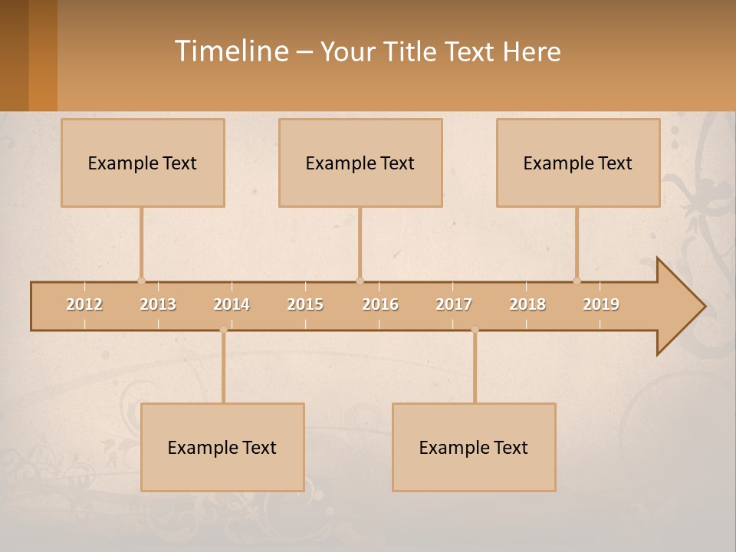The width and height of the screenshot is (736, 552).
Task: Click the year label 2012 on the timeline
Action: pos(84,304)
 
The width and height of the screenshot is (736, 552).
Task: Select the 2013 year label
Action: pos(158,304)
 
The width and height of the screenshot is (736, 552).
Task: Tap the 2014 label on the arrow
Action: pos(232,304)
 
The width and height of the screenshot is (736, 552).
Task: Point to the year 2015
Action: pos(305,304)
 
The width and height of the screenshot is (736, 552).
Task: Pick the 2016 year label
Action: pos(380,304)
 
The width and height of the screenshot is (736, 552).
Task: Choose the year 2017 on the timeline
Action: pos(454,304)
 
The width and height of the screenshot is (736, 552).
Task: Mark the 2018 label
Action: pos(527,304)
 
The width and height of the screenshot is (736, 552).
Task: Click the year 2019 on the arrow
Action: pos(601,304)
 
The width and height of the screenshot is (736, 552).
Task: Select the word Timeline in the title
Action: pos(230,51)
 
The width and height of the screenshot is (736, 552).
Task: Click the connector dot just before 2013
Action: pos(141,281)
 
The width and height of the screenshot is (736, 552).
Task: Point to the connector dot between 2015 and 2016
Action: pos(360,281)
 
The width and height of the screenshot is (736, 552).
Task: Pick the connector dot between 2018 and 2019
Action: pos(577,281)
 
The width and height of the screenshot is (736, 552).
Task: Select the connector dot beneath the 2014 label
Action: pos(223,330)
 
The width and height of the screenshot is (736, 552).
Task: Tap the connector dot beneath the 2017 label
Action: pos(475,330)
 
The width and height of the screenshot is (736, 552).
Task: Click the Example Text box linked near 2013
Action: pos(143,163)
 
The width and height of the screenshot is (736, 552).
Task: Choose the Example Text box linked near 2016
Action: pos(360,163)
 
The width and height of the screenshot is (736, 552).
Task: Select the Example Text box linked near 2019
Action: pos(578,163)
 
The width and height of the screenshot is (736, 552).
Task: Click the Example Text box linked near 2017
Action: pos(474,447)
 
